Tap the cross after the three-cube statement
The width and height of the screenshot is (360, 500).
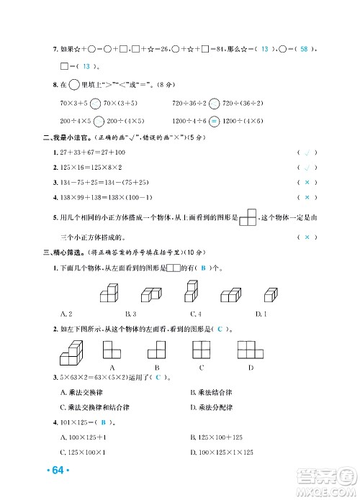[x=307, y=237]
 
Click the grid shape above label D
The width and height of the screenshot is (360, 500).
[x=251, y=350]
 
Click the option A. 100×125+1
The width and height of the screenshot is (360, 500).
[x=85, y=437]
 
